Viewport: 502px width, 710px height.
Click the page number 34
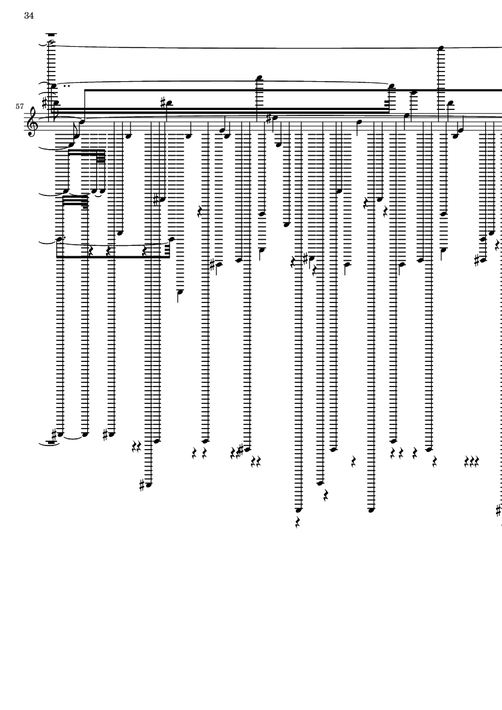click(x=29, y=16)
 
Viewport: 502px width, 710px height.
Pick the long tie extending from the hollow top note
click(x=271, y=47)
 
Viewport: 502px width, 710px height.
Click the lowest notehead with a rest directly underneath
click(x=298, y=510)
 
